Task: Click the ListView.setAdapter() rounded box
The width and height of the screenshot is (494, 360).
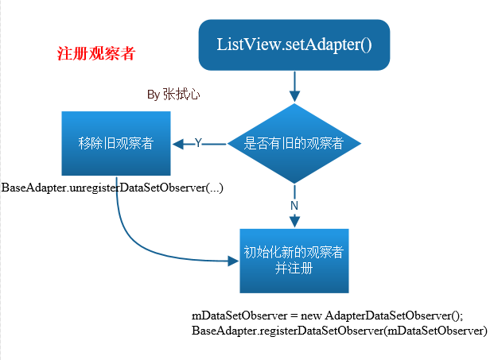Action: tap(294, 44)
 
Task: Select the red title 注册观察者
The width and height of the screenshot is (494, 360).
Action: tap(96, 54)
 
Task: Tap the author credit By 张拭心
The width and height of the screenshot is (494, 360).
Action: tap(173, 95)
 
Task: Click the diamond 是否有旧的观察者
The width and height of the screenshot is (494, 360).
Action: tap(294, 144)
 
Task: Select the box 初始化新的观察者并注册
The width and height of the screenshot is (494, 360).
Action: tap(294, 260)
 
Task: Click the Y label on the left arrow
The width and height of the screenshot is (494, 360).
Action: tap(198, 143)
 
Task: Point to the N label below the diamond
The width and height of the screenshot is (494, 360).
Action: tap(294, 205)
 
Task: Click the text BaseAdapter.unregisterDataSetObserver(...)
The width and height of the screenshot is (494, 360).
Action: tap(113, 188)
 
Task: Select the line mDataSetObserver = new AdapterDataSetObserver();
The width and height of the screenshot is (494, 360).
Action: tap(327, 315)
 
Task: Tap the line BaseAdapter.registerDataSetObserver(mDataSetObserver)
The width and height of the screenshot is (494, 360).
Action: tap(339, 330)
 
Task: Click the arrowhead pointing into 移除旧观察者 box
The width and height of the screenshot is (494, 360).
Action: tap(178, 144)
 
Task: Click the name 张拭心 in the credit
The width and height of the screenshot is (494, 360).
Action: tap(181, 95)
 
